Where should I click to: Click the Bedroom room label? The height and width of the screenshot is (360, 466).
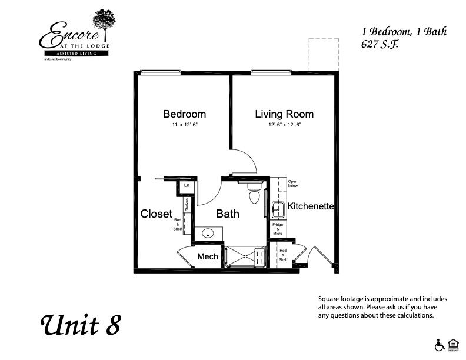(184, 114)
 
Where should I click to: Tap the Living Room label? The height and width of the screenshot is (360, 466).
(284, 114)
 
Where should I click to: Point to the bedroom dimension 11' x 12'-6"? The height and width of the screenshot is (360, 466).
(184, 125)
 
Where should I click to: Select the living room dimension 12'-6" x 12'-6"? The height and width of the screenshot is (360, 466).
(284, 125)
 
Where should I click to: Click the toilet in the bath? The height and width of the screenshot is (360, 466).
(255, 194)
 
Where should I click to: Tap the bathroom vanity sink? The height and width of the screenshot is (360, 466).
(209, 234)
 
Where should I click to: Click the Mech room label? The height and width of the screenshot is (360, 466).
(208, 256)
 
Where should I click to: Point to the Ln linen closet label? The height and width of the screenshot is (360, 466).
(187, 185)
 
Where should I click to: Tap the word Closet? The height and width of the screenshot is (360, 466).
(157, 214)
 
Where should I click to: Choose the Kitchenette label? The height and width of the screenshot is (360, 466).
(310, 206)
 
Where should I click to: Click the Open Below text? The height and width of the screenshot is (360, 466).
(292, 183)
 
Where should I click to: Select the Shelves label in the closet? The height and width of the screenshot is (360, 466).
(187, 205)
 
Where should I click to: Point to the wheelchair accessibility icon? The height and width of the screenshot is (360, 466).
(438, 344)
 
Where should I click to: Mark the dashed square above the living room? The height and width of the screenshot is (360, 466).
(324, 55)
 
